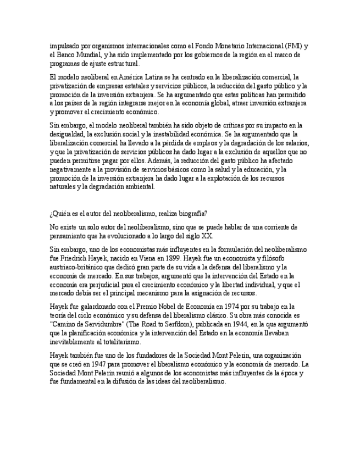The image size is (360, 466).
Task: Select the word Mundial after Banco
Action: (89, 54)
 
